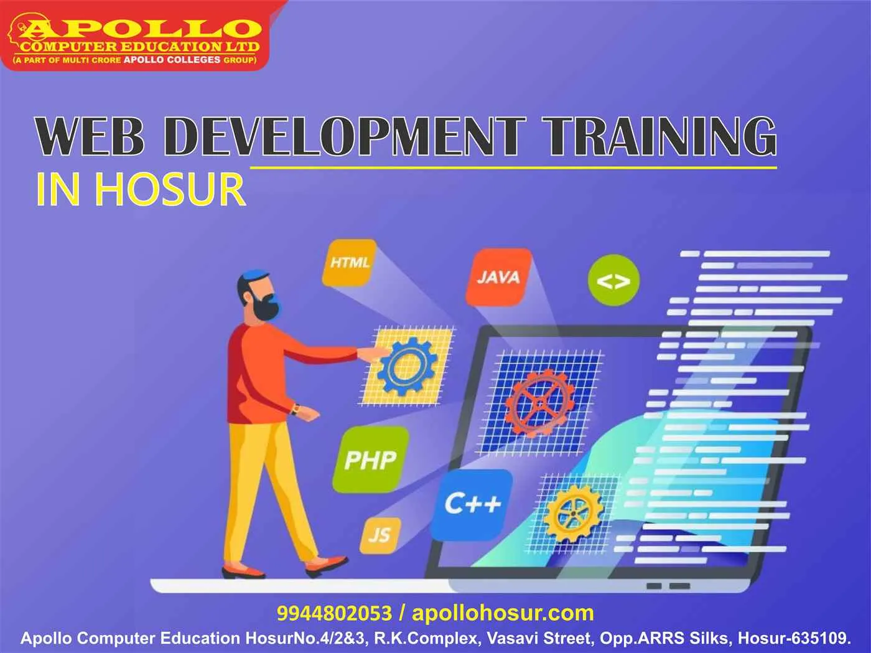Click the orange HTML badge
point(350,263)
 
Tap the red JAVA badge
point(498,277)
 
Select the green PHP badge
point(370,459)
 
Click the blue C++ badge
point(473,504)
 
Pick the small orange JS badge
point(380,535)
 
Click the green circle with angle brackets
point(613,281)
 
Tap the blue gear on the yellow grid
point(408,367)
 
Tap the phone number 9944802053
point(334,613)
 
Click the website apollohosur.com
point(503,613)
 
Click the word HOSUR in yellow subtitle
point(169,189)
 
